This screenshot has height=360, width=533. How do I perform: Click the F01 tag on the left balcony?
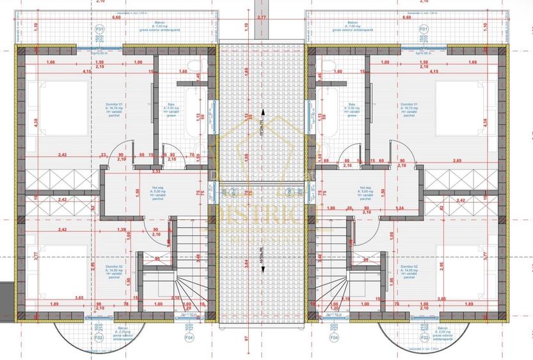(x=100, y=29)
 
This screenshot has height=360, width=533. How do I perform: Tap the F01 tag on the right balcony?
(x=424, y=29)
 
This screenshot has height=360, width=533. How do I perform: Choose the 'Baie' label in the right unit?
(x=351, y=104)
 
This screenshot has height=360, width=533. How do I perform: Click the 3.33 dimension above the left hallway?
(x=156, y=171)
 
